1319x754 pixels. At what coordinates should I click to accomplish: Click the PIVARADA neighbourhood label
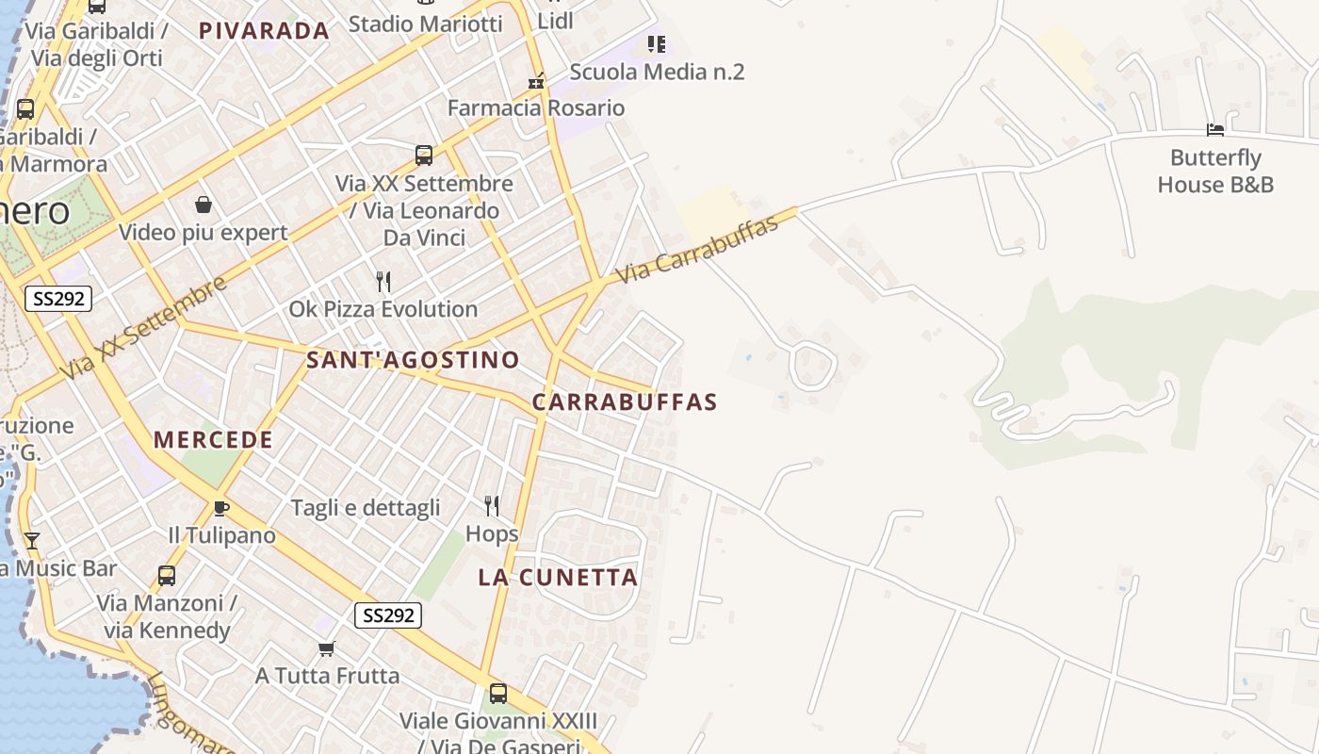click(264, 30)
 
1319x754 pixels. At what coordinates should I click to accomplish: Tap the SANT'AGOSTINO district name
click(413, 359)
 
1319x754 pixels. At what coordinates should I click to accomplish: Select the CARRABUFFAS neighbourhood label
click(625, 402)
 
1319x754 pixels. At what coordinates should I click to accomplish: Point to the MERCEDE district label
click(213, 439)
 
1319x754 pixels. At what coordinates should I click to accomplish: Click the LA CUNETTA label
click(558, 577)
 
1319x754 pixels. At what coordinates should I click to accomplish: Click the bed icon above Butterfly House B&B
click(1215, 129)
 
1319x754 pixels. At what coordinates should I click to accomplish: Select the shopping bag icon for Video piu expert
click(203, 205)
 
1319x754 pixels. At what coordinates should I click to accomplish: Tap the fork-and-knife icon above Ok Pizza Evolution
click(383, 281)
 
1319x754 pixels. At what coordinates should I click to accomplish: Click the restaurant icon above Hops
click(492, 506)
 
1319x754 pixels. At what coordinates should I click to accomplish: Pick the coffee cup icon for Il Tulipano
click(221, 508)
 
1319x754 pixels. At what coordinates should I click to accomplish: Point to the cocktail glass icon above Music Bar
click(31, 540)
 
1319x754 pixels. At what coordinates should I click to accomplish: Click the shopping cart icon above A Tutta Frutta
click(327, 648)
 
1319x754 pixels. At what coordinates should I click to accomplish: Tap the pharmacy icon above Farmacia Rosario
click(536, 81)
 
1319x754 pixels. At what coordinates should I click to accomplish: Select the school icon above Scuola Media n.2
click(657, 43)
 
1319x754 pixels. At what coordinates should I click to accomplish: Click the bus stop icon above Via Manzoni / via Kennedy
click(167, 575)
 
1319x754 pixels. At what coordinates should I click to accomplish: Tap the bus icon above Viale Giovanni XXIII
click(498, 694)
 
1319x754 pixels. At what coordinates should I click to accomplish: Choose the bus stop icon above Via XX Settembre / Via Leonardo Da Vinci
click(424, 155)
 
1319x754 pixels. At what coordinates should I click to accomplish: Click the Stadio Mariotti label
click(425, 24)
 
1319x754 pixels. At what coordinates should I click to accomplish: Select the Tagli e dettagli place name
click(366, 508)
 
